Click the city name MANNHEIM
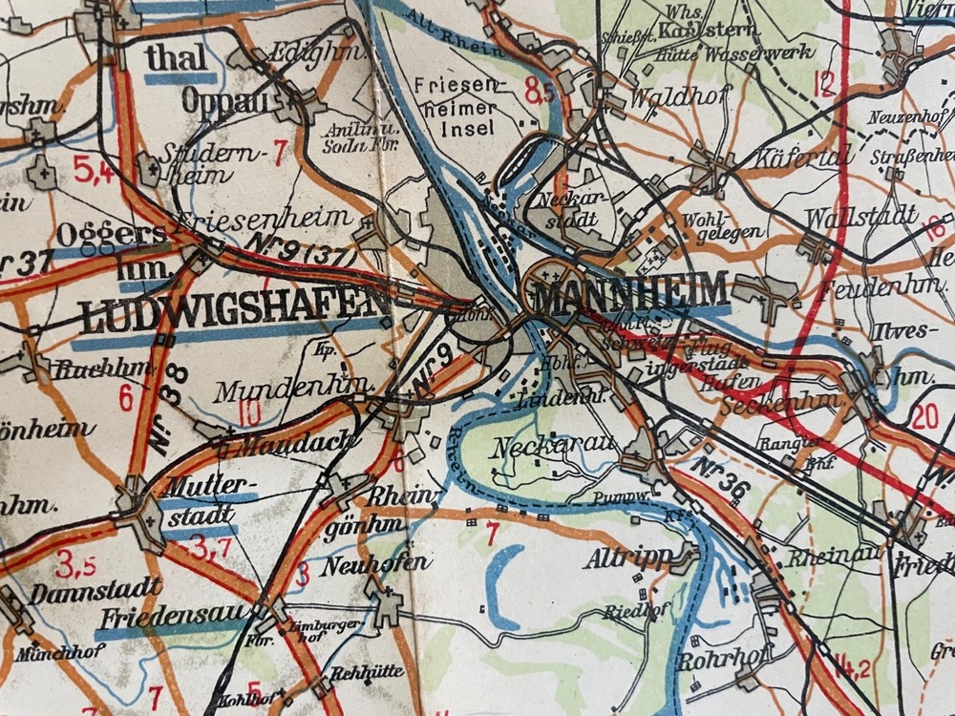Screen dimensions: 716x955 click(x=630, y=291)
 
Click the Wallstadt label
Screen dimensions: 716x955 click(x=860, y=217)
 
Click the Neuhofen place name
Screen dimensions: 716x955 click(x=374, y=563)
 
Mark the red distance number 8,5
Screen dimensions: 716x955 click(x=540, y=94)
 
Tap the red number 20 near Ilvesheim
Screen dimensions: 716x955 click(x=924, y=416)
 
